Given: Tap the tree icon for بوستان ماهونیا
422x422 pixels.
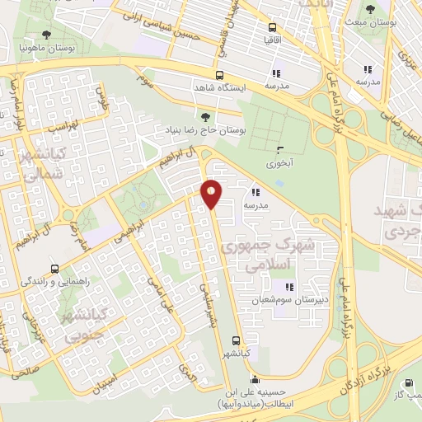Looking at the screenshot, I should pyautogui.click(x=44, y=36).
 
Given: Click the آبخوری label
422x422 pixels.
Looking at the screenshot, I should pyautogui.click(x=280, y=163).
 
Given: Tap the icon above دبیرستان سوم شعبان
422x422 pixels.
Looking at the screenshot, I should pyautogui.click(x=289, y=286).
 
